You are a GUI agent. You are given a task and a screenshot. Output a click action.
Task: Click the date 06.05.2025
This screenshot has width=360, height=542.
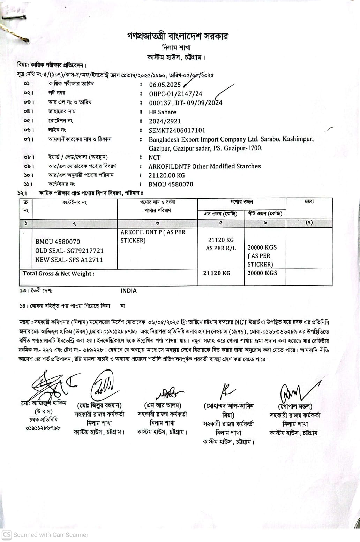pyautogui.click(x=165, y=85)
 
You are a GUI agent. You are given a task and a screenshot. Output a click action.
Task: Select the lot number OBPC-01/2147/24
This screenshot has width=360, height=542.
pyautogui.click(x=175, y=94)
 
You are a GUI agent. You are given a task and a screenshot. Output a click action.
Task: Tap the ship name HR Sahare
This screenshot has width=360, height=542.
pyautogui.click(x=163, y=112)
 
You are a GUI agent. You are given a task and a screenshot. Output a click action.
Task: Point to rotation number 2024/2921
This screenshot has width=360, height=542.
pyautogui.click(x=165, y=121)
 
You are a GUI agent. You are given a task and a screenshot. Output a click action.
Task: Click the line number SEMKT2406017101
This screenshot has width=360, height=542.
pyautogui.click(x=177, y=130)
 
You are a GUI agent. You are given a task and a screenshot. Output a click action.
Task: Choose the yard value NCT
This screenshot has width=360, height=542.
pyautogui.click(x=155, y=158)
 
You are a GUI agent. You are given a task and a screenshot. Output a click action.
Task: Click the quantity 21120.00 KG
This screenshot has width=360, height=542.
pyautogui.click(x=167, y=175)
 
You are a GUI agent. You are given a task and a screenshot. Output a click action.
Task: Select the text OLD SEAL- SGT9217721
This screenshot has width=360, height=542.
pyautogui.click(x=69, y=251)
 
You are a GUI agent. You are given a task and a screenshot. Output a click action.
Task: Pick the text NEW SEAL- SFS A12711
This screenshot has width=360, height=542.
pyautogui.click(x=69, y=260)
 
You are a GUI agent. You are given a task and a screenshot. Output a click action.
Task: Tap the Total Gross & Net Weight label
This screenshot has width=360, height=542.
pyautogui.click(x=59, y=274)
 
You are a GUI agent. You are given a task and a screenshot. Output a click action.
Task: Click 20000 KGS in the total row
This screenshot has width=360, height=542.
pyautogui.click(x=262, y=273)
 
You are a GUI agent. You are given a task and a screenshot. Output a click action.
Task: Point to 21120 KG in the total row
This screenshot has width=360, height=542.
pyautogui.click(x=217, y=273)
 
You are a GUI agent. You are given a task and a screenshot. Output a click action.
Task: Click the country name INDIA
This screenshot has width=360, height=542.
pyautogui.click(x=129, y=291)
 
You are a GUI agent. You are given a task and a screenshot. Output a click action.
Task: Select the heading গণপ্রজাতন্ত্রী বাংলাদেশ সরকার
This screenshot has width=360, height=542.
pyautogui.click(x=177, y=36)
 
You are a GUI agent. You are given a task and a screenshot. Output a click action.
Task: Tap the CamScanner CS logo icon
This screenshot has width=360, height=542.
pyautogui.click(x=7, y=534)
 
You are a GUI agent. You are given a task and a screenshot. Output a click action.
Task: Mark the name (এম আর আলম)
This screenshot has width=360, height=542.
pyautogui.click(x=163, y=405)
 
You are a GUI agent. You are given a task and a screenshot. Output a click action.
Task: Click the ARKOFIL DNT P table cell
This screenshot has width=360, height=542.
pyautogui.click(x=153, y=236)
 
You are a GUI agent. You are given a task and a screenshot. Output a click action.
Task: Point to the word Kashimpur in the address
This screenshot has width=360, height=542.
pyautogui.click(x=298, y=139)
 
